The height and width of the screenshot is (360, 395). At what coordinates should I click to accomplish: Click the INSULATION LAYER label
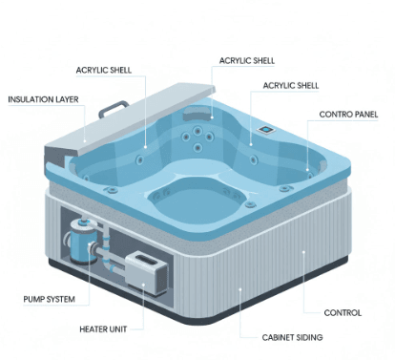coord(42,98)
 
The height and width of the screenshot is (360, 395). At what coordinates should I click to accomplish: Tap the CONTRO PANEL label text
coord(347,114)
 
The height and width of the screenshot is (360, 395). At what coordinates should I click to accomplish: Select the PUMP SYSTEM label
coord(49,299)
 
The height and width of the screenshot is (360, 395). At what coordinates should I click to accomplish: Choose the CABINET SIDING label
coord(293,338)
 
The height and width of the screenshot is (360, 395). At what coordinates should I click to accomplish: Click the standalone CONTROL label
coord(343,311)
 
